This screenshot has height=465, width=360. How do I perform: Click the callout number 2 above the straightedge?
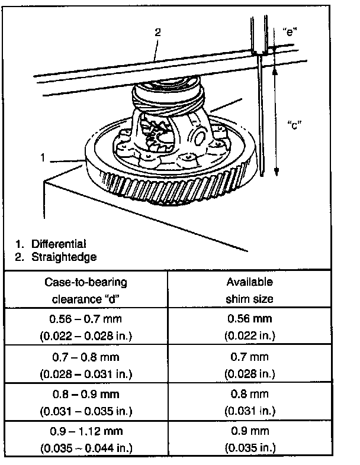(158, 33)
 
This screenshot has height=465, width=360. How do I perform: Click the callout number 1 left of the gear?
(43, 157)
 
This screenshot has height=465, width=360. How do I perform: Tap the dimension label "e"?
(289, 31)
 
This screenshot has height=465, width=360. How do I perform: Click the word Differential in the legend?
(59, 244)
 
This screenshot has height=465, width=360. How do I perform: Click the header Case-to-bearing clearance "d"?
(86, 290)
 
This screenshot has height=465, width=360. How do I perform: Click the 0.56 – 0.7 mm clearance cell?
(86, 319)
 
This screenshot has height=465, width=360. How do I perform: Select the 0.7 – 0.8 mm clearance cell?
(86, 357)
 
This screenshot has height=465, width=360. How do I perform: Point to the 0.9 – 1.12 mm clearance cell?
(86, 431)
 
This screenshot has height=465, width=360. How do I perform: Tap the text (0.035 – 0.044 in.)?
(86, 447)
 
